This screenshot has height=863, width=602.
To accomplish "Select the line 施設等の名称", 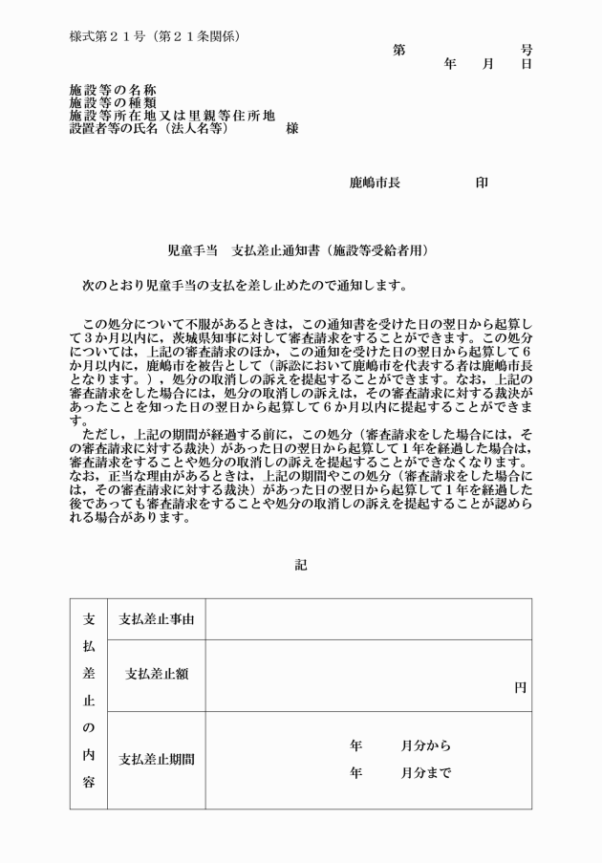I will pyautogui.click(x=113, y=90).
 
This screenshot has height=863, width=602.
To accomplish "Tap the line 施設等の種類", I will pyautogui.click(x=113, y=102).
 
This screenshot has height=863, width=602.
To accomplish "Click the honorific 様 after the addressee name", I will pyautogui.click(x=292, y=127).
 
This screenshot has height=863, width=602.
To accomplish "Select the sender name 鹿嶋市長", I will pyautogui.click(x=375, y=183).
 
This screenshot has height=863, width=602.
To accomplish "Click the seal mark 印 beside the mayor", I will pyautogui.click(x=482, y=183).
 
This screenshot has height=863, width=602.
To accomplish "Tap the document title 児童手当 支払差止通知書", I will pyautogui.click(x=298, y=250).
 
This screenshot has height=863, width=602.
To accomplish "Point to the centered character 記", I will pyautogui.click(x=301, y=565).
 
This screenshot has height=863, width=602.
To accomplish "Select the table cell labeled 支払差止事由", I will pyautogui.click(x=157, y=619).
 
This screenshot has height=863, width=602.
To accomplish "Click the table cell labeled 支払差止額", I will pyautogui.click(x=157, y=673).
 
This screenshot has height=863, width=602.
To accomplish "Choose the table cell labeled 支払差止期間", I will pyautogui.click(x=157, y=760).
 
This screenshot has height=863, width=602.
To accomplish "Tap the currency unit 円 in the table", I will pyautogui.click(x=520, y=687).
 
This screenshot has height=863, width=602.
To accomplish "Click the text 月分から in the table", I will pyautogui.click(x=426, y=745).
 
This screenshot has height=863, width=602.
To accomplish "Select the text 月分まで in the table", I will pyautogui.click(x=426, y=772).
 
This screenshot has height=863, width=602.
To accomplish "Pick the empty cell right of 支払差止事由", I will pyautogui.click(x=369, y=619).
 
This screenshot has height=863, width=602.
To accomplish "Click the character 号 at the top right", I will pyautogui.click(x=527, y=50).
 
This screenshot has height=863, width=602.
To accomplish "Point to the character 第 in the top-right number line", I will pyautogui.click(x=398, y=50).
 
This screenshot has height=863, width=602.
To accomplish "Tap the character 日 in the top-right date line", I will pyautogui.click(x=527, y=64).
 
